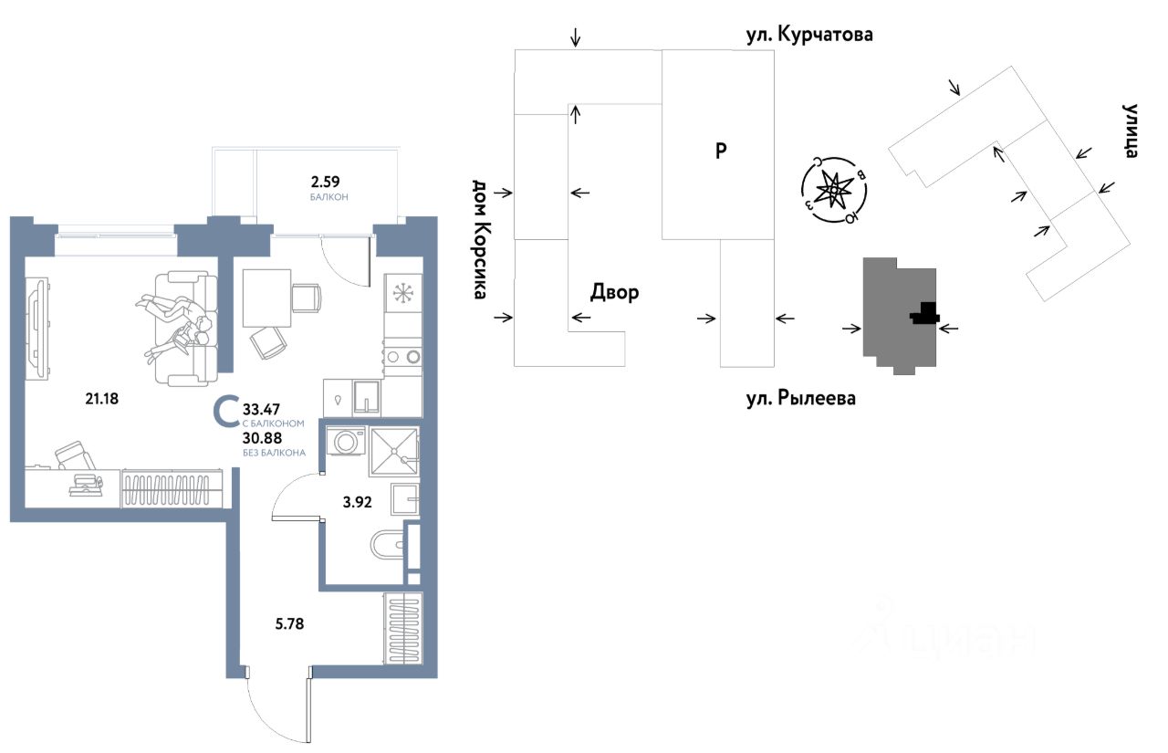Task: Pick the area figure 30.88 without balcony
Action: tap(262, 437)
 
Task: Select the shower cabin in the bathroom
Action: tap(394, 451)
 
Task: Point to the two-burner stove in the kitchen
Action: tap(401, 357)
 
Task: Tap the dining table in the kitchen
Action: tap(266, 298)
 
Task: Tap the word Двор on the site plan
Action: tap(614, 292)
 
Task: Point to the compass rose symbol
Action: tap(831, 190)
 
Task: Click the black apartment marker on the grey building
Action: tap(924, 314)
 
